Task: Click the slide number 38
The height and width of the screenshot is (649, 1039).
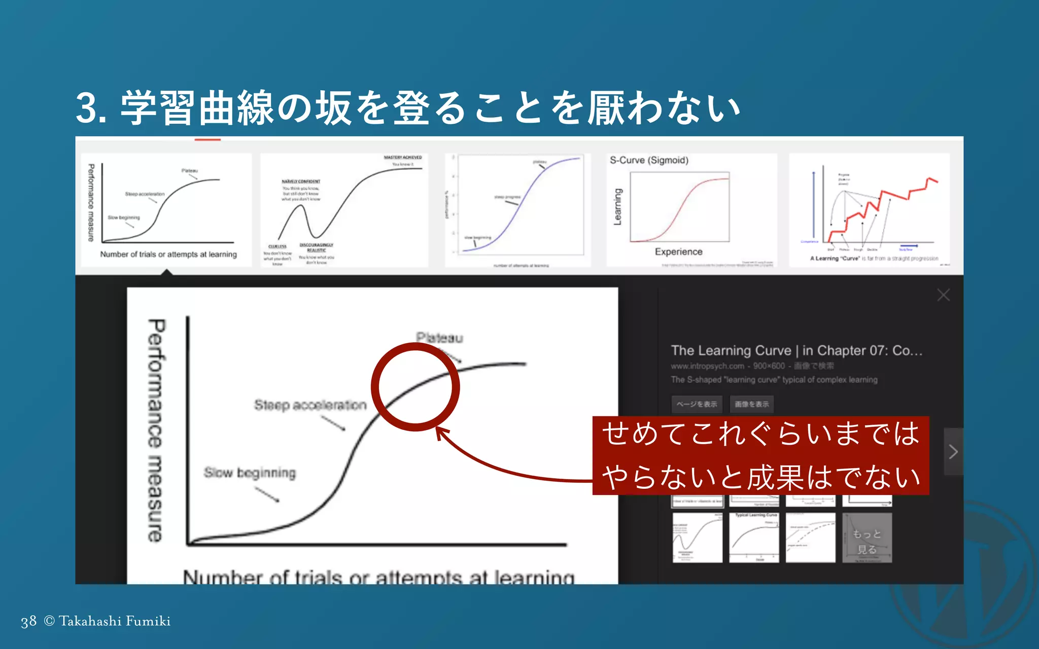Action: pos(28,621)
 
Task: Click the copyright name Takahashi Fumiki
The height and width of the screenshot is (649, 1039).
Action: pos(114,621)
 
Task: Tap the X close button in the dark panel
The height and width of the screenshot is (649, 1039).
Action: pos(943,295)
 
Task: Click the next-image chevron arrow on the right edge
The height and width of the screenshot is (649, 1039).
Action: pos(953,451)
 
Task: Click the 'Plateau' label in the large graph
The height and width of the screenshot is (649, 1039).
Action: pos(439,338)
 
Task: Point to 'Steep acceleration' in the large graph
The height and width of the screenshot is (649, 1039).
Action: pos(310,405)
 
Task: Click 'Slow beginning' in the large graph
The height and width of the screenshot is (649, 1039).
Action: pos(250,473)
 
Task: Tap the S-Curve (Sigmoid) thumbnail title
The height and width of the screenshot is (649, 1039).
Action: pos(649,160)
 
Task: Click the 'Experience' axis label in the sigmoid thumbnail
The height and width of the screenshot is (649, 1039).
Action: pos(678,251)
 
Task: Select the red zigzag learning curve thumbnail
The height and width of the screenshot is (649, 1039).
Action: pos(869,210)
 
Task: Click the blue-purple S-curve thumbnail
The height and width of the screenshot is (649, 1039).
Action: pos(517,210)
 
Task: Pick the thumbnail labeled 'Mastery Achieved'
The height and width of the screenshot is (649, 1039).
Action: pos(344,210)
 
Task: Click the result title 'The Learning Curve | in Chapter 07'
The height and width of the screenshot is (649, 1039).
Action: pos(796,350)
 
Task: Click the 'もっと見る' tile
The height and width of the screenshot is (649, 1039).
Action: pos(867,538)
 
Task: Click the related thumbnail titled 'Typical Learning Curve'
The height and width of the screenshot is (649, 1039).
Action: pos(754,538)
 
